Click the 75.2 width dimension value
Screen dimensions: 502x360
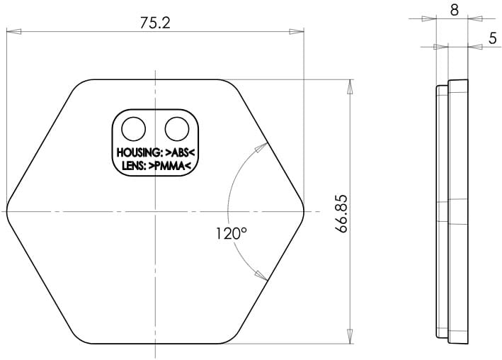pyautogui.click(x=155, y=23)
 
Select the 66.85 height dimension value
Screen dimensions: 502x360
pyautogui.click(x=341, y=213)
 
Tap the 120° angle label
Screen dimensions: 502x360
pyautogui.click(x=231, y=233)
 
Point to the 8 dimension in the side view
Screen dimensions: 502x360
pyautogui.click(x=454, y=10)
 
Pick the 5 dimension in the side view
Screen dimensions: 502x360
pyautogui.click(x=492, y=38)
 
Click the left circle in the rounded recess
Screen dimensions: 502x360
pyautogui.click(x=134, y=129)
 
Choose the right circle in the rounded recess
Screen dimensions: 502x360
pyautogui.click(x=177, y=129)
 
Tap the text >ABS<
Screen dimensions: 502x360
pyautogui.click(x=180, y=152)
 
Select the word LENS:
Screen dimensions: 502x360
pyautogui.click(x=134, y=166)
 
